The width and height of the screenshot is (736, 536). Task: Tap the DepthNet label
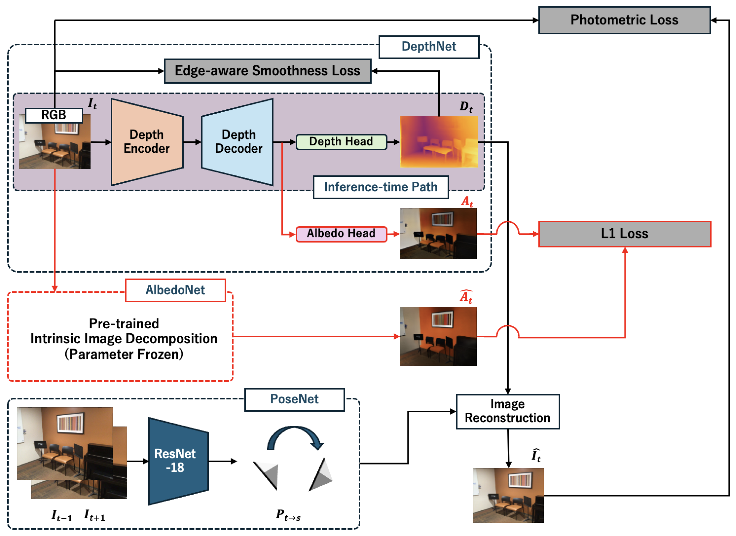click(x=429, y=47)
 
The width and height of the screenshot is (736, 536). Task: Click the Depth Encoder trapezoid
click(x=147, y=142)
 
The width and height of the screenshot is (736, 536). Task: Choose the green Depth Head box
click(x=341, y=142)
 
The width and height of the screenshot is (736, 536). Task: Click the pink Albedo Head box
click(x=341, y=234)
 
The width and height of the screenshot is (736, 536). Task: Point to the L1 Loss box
click(x=624, y=234)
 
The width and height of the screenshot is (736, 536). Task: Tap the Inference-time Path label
click(x=381, y=187)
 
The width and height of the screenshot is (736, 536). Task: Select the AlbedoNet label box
click(x=175, y=290)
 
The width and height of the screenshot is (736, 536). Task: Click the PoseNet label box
click(x=294, y=399)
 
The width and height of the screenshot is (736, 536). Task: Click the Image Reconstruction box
click(x=508, y=411)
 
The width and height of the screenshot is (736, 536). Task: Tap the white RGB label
click(x=54, y=115)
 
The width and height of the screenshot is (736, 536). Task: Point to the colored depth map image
click(x=438, y=142)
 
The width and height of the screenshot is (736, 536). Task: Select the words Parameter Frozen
click(x=124, y=354)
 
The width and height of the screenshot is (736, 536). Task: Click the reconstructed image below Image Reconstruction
click(x=508, y=495)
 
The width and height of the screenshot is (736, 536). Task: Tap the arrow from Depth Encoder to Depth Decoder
click(x=192, y=142)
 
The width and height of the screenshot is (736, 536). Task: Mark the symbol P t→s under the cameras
click(x=288, y=515)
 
